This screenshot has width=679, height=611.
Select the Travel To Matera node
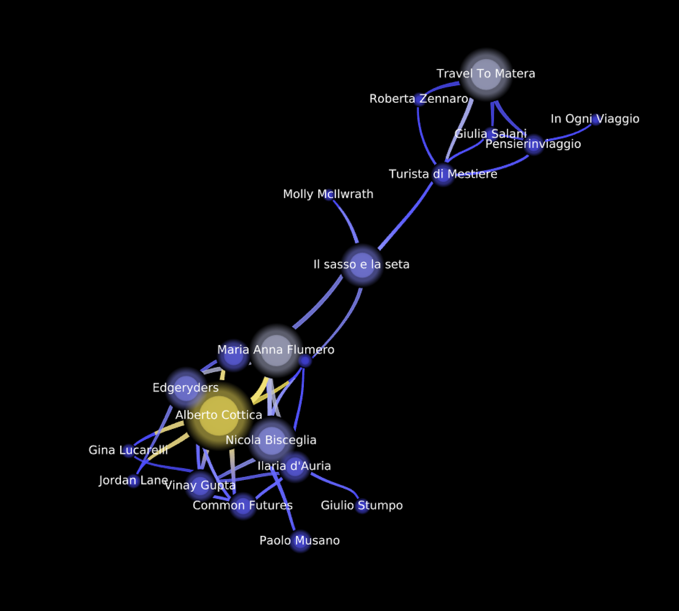tap(486, 75)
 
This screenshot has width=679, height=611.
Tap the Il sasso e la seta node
tap(362, 265)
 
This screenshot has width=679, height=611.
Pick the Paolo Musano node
tap(300, 541)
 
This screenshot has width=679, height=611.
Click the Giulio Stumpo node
tap(362, 505)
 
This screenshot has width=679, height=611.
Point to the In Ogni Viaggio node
tap(596, 119)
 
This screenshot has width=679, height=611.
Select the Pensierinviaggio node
tap(534, 145)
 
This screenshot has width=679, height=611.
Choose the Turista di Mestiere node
tap(443, 174)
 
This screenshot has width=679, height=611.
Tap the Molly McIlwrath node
tap(328, 194)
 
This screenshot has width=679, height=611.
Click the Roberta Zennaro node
tap(419, 99)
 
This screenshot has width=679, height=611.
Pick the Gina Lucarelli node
tap(128, 450)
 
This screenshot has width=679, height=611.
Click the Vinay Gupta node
tap(199, 485)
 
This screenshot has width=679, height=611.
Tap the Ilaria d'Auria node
tap(295, 467)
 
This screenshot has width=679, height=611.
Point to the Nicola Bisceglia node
tap(271, 440)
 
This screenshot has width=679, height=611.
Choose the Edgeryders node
tap(186, 387)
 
